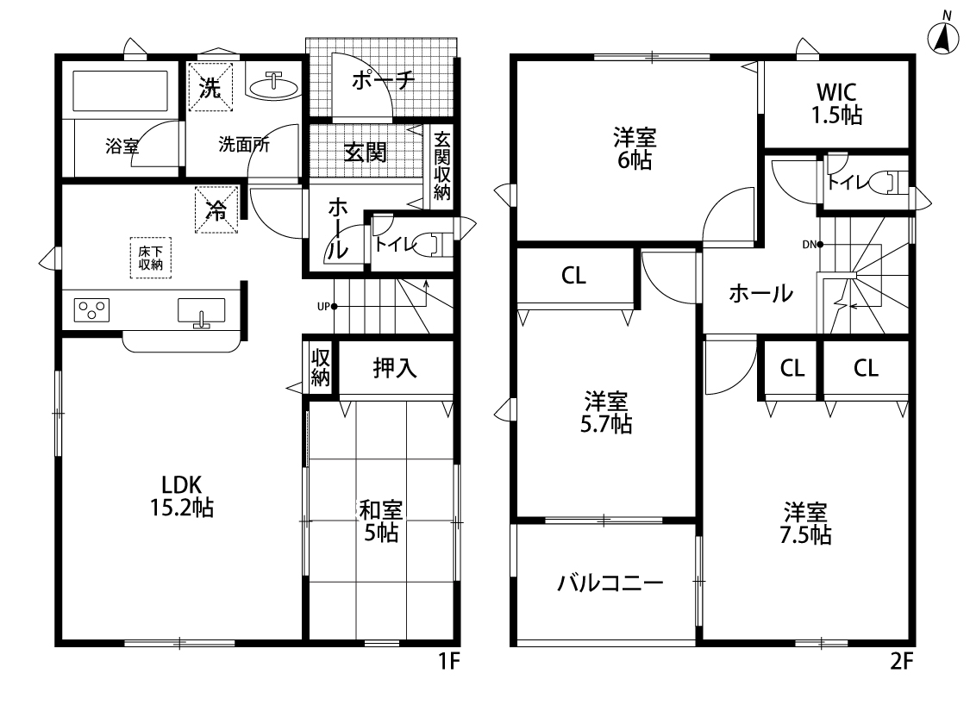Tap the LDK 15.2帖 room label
point(182,496)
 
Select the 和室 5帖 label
point(380,521)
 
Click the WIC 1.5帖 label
point(836,103)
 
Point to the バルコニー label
point(610,583)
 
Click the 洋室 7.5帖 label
point(804,523)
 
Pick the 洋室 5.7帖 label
point(605,412)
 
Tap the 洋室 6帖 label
point(635,148)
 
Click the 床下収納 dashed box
point(150,258)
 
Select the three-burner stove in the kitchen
point(91,309)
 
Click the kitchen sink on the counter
point(201,311)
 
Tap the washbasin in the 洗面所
point(272,86)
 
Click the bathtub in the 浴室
point(121,90)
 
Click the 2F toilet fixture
point(888,183)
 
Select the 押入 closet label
point(395,369)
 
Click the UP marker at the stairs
point(326,306)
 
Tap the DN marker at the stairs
point(812,245)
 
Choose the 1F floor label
point(450,662)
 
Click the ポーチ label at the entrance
point(383,80)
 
